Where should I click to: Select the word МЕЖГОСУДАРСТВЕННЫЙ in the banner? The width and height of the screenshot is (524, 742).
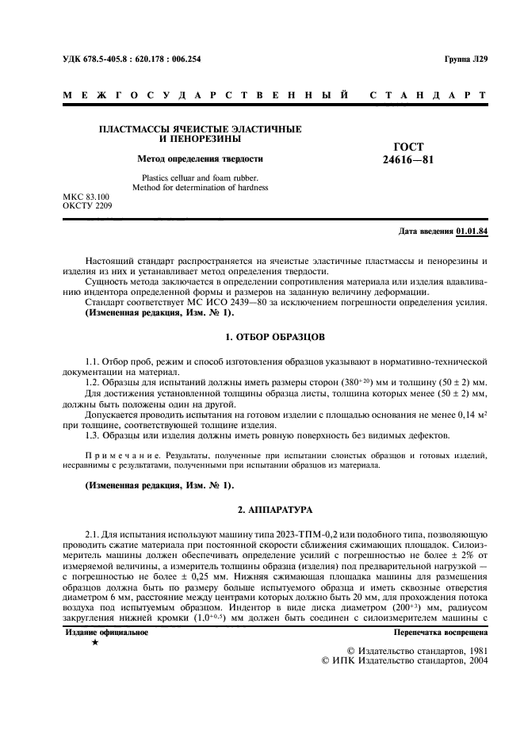[x=205, y=96]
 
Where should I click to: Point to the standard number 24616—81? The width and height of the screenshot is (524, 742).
[x=408, y=159]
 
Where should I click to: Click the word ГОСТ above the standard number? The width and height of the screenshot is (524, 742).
[x=408, y=147]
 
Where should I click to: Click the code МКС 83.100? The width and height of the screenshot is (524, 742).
[x=86, y=196]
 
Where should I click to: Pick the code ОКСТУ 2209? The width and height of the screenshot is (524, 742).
[x=87, y=205]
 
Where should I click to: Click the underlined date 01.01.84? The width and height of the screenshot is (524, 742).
[x=472, y=231]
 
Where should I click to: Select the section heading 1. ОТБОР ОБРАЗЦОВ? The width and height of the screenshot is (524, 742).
[x=275, y=337]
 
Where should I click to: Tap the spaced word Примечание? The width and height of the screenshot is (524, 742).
[x=116, y=456]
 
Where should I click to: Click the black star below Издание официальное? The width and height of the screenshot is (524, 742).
[x=95, y=643]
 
